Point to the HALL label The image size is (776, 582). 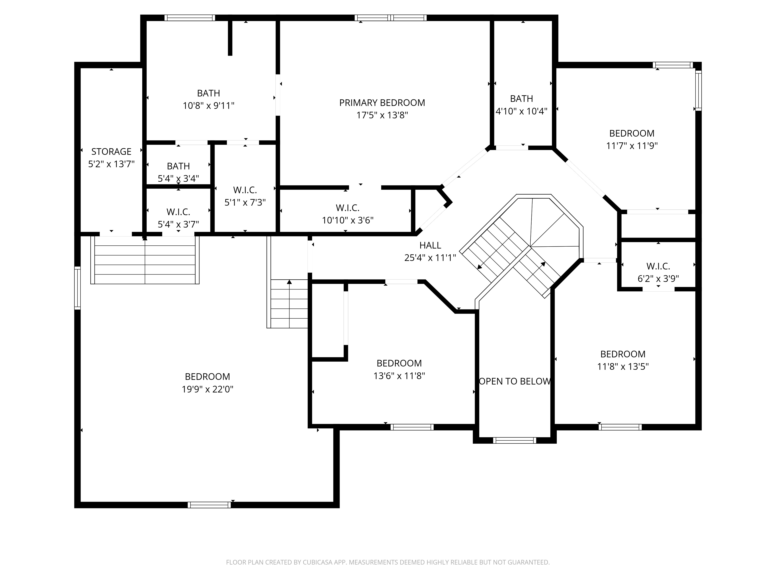coord(430,245)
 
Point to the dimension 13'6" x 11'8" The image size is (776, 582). coord(399,376)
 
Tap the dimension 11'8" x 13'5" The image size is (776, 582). coord(623,367)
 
